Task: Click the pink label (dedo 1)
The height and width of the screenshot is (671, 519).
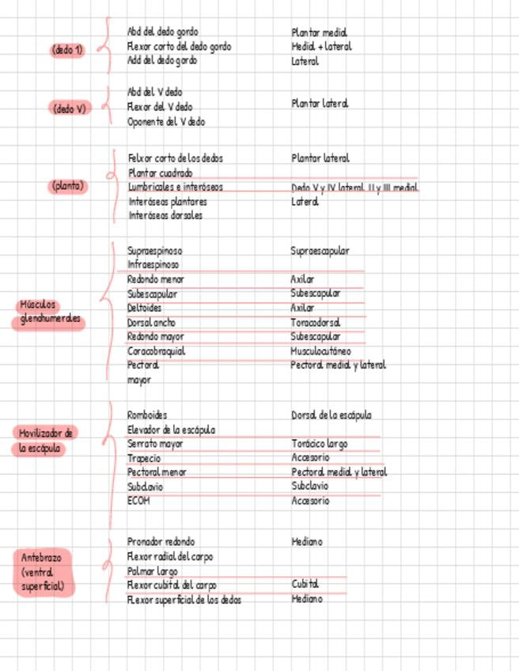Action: click(67, 50)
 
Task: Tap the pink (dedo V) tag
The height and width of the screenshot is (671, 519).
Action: click(69, 108)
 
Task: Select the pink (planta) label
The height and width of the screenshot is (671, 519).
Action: click(68, 187)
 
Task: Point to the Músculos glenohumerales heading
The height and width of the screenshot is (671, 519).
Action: click(49, 313)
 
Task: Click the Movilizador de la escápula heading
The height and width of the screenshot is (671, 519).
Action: click(46, 441)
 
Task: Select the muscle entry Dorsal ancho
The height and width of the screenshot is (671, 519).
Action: click(151, 322)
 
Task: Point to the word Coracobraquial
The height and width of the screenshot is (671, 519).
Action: click(156, 351)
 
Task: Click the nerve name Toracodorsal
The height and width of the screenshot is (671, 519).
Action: click(315, 322)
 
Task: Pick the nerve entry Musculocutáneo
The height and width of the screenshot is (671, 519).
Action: click(320, 351)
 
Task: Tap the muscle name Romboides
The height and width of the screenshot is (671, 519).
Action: click(147, 415)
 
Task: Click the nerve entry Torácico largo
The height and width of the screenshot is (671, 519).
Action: click(319, 444)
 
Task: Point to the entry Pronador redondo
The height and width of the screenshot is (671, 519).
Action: click(161, 542)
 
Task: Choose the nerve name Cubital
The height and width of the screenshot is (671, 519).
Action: click(305, 585)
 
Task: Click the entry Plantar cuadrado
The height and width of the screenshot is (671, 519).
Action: click(160, 172)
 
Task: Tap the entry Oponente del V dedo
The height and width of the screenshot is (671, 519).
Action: click(166, 122)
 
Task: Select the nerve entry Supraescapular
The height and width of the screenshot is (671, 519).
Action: click(320, 251)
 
